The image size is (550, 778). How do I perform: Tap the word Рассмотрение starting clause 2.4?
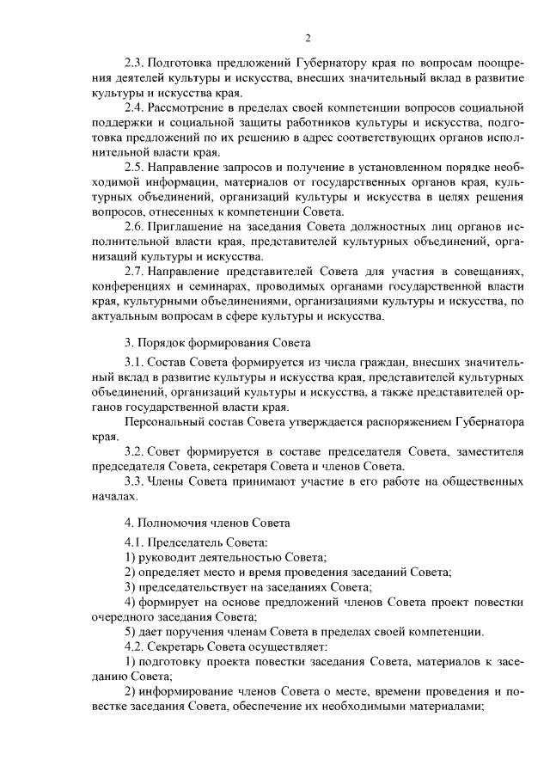189,107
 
